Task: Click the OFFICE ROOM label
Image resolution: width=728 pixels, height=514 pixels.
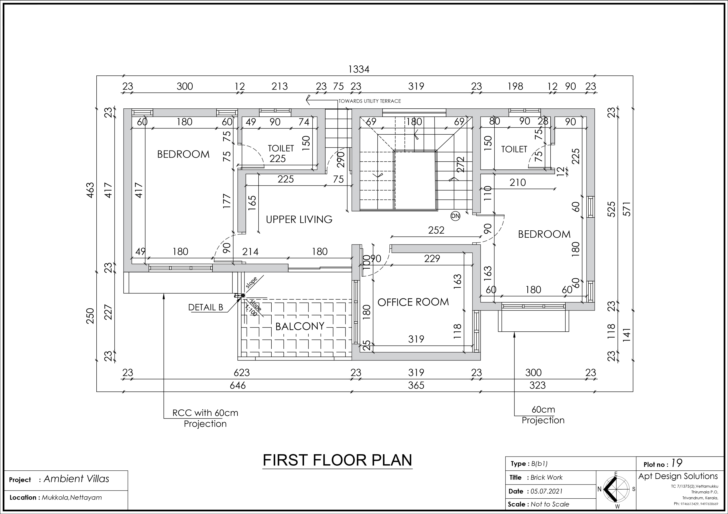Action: (413, 302)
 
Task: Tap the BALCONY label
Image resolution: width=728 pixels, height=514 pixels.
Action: (300, 326)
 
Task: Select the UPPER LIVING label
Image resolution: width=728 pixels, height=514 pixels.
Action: (299, 219)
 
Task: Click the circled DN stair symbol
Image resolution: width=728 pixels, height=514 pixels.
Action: (455, 216)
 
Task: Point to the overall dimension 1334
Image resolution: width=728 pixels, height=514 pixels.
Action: (359, 69)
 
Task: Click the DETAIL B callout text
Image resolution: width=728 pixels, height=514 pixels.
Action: (206, 307)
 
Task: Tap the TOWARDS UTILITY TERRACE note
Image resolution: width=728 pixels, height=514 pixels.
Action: (370, 101)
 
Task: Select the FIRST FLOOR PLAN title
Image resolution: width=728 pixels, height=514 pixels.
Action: (337, 460)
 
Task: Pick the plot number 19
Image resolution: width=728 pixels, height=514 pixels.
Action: (677, 463)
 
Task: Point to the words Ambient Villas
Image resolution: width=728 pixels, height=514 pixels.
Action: (76, 479)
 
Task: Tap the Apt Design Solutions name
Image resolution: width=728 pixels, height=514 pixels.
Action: (678, 476)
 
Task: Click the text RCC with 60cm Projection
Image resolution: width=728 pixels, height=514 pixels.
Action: (205, 418)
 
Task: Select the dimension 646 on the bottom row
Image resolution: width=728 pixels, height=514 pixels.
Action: (238, 385)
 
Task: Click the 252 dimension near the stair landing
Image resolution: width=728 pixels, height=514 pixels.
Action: (436, 230)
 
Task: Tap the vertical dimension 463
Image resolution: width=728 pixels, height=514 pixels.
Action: (90, 190)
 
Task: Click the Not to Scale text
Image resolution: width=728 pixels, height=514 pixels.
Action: (550, 504)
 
